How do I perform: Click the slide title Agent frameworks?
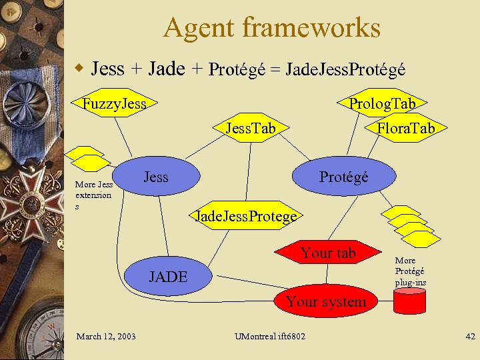[271, 28]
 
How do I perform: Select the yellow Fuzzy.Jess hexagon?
[114, 103]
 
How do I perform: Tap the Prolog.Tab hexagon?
[382, 103]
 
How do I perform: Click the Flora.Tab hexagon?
[405, 127]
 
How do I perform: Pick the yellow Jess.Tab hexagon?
[250, 127]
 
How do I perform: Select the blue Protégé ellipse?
[343, 177]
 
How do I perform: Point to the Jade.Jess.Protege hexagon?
[245, 216]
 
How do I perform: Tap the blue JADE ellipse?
[168, 276]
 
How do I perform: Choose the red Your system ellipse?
[326, 301]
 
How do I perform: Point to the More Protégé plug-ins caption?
[411, 271]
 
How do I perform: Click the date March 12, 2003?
[105, 336]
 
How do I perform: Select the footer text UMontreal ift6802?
[270, 336]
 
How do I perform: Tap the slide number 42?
[469, 336]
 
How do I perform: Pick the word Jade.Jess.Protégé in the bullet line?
[345, 69]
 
